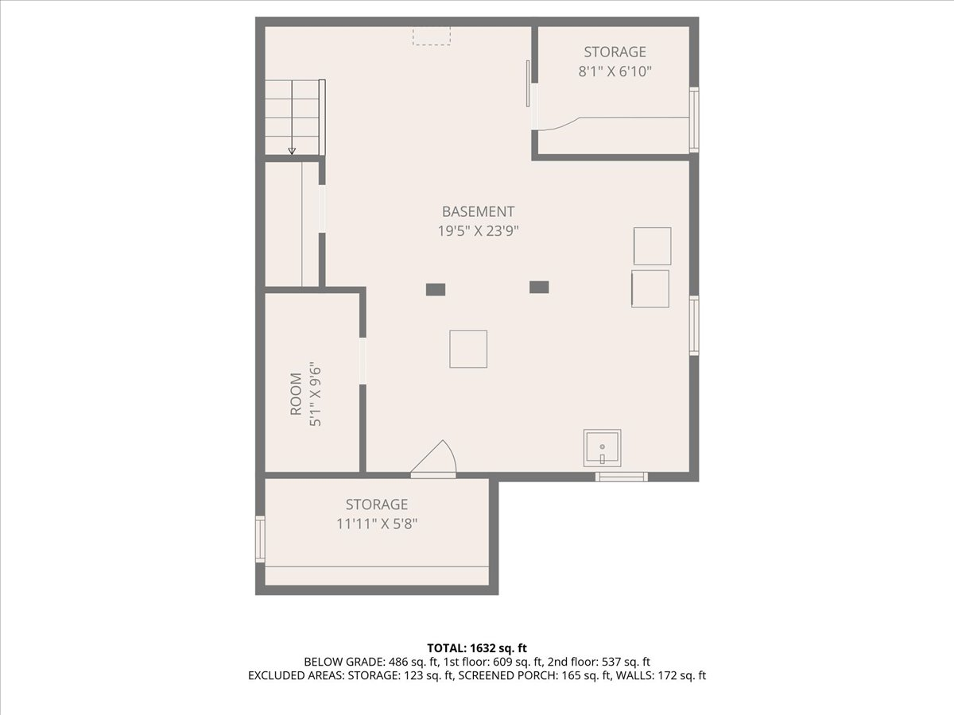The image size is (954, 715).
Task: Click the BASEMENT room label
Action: click(478, 211)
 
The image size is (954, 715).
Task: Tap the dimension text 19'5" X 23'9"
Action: click(478, 231)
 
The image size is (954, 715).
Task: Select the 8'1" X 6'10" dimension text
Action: click(615, 71)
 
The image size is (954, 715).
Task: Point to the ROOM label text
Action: click(296, 394)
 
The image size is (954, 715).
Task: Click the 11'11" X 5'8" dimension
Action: click(377, 524)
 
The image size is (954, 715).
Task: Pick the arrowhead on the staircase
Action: click(292, 151)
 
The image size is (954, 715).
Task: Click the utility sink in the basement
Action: click(602, 448)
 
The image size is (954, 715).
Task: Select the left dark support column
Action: click(436, 289)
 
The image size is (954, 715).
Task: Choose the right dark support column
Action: click(539, 287)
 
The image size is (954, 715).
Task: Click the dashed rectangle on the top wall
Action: click(432, 36)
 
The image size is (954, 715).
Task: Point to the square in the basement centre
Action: click(468, 349)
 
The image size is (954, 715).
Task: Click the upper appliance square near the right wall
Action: click(653, 246)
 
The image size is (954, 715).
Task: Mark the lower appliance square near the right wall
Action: click(650, 288)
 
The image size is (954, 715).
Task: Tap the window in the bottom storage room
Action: click(260, 539)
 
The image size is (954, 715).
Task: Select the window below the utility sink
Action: click(622, 477)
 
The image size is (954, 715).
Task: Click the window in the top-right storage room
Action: click(695, 120)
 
